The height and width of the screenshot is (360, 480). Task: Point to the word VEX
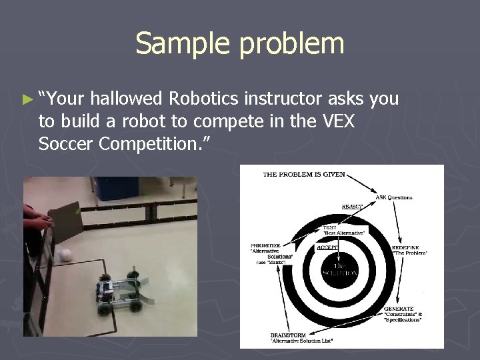pos(337,121)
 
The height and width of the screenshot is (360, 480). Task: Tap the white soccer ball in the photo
pos(65,254)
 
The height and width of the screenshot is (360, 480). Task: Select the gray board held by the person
pos(65,223)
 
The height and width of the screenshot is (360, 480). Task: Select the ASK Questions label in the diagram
pos(394,197)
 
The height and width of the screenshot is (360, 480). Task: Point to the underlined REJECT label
pos(352,207)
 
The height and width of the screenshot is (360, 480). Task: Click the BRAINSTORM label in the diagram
pos(289,335)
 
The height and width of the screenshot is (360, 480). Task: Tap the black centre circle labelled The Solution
pos(341,269)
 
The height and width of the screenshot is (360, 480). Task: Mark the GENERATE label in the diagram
pos(399,309)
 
